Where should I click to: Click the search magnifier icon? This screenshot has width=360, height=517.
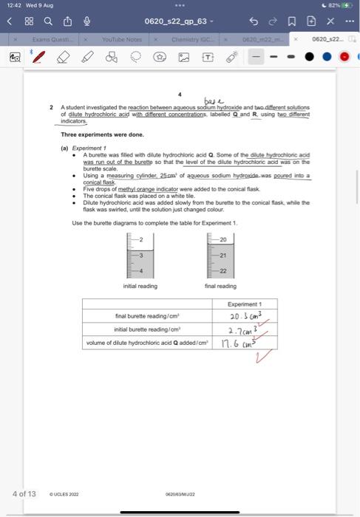tap(47, 21)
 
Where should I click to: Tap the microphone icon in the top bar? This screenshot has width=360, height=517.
tap(86, 21)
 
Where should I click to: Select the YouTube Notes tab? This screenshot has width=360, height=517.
tap(122, 39)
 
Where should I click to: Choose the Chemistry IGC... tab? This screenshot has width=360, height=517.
tap(191, 39)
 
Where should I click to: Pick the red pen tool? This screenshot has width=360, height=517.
tap(38, 57)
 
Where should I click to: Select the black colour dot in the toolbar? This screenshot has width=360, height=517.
tap(309, 57)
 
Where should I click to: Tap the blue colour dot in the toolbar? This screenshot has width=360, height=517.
tap(327, 57)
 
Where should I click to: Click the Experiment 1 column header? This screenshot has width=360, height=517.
tap(245, 304)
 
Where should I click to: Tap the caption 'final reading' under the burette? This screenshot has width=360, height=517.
tap(220, 286)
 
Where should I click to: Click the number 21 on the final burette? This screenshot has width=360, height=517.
tap(222, 255)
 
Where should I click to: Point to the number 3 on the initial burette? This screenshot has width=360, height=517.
tap(140, 255)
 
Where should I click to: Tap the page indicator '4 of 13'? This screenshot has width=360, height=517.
tap(24, 493)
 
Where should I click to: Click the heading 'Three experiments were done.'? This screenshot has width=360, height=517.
tap(97, 134)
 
